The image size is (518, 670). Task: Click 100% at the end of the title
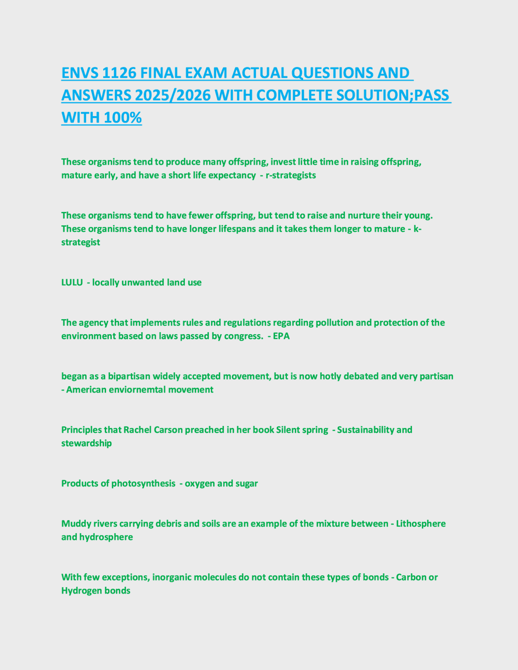pyautogui.click(x=123, y=118)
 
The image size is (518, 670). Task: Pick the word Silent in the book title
pyautogui.click(x=288, y=430)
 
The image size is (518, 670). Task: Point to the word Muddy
pyautogui.click(x=74, y=524)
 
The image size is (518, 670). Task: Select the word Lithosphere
pyautogui.click(x=420, y=524)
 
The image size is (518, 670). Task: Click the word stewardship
pyautogui.click(x=86, y=443)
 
